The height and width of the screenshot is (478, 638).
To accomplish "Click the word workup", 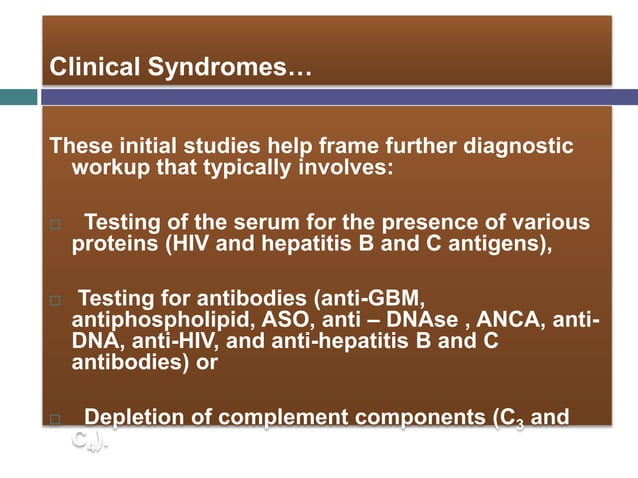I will pos(111,166).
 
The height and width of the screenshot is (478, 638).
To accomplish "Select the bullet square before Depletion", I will pos(55,418).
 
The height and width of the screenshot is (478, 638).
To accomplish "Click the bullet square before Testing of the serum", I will pos(55,224).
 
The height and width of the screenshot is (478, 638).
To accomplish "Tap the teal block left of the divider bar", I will pos(18,97).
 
